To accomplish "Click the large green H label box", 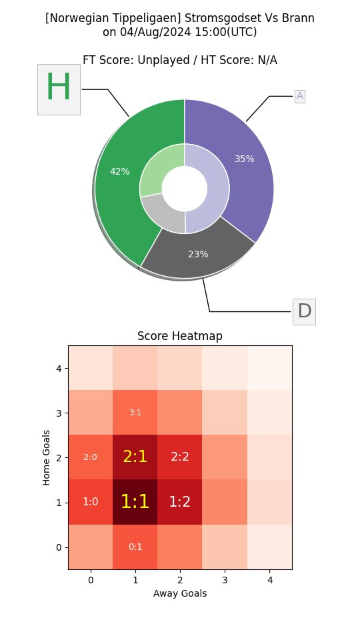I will pos(59,89).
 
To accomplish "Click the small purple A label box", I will pos(299,96).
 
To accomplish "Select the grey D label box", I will pos(304,311).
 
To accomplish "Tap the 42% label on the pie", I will pos(120,171).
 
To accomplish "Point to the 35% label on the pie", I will pos(245,159).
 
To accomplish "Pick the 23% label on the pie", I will pos(198,254).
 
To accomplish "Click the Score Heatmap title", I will pos(180,336).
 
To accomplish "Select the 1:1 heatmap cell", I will pos(135,502).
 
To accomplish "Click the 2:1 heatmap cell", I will pos(135,457).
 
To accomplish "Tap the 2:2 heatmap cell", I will pos(180,457).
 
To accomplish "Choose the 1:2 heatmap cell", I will pos(180,502).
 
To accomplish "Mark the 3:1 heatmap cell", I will pos(135,412).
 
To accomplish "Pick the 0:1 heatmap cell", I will pos(135,547).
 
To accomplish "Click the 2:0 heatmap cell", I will pos(90,457).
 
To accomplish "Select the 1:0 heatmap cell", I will pos(90,502).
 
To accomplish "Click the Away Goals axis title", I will pos(180,593).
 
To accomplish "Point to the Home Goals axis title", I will pos(47,457).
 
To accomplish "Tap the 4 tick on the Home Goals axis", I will pos(59,368).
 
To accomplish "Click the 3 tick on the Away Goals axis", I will pos(225,581).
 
